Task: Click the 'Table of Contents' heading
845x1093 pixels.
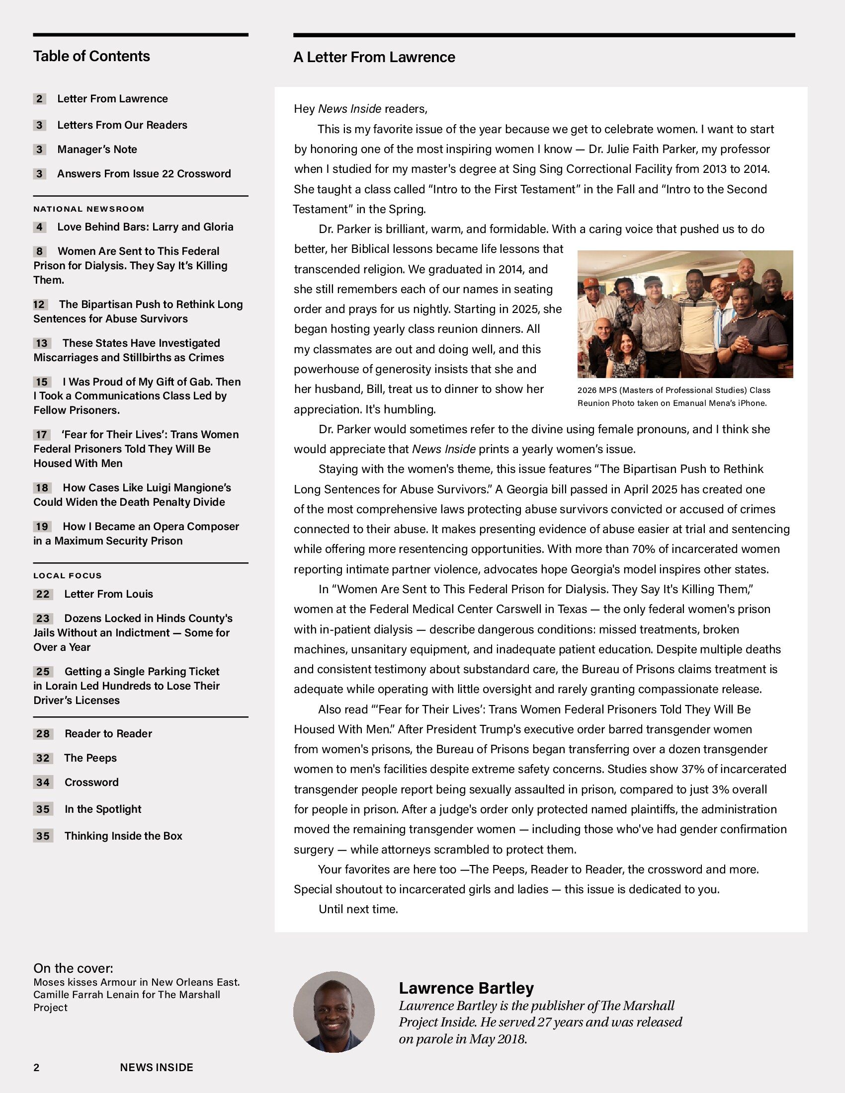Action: [91, 56]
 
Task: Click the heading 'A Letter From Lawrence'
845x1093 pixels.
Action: [374, 58]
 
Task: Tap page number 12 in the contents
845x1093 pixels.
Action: [40, 304]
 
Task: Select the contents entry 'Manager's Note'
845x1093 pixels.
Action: [96, 149]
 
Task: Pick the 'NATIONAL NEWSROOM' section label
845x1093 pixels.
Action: [88, 209]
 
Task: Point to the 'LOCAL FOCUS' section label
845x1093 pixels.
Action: [68, 575]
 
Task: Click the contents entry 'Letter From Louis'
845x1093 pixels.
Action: [108, 594]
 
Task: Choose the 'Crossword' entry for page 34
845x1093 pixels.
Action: [91, 782]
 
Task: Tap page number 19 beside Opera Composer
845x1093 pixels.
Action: [42, 527]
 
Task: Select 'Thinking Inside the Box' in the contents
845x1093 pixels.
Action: [123, 836]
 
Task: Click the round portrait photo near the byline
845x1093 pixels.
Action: [334, 1012]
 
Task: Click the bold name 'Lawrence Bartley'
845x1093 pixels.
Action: [466, 988]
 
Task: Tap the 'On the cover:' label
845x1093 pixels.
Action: [73, 968]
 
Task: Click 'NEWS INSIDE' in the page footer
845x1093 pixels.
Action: [156, 1068]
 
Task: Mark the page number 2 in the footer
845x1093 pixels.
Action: [36, 1068]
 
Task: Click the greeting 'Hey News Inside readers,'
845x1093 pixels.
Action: [360, 109]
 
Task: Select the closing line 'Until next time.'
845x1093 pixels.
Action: [358, 909]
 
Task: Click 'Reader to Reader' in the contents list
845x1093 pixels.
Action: [108, 734]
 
